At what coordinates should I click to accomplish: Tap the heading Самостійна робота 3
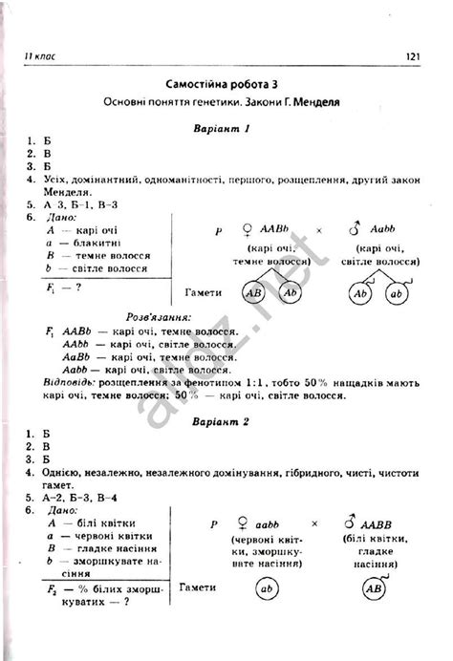(226, 83)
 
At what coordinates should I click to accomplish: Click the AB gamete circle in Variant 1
(254, 294)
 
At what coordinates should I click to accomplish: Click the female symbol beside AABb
(248, 229)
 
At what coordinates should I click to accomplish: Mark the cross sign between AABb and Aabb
(319, 230)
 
